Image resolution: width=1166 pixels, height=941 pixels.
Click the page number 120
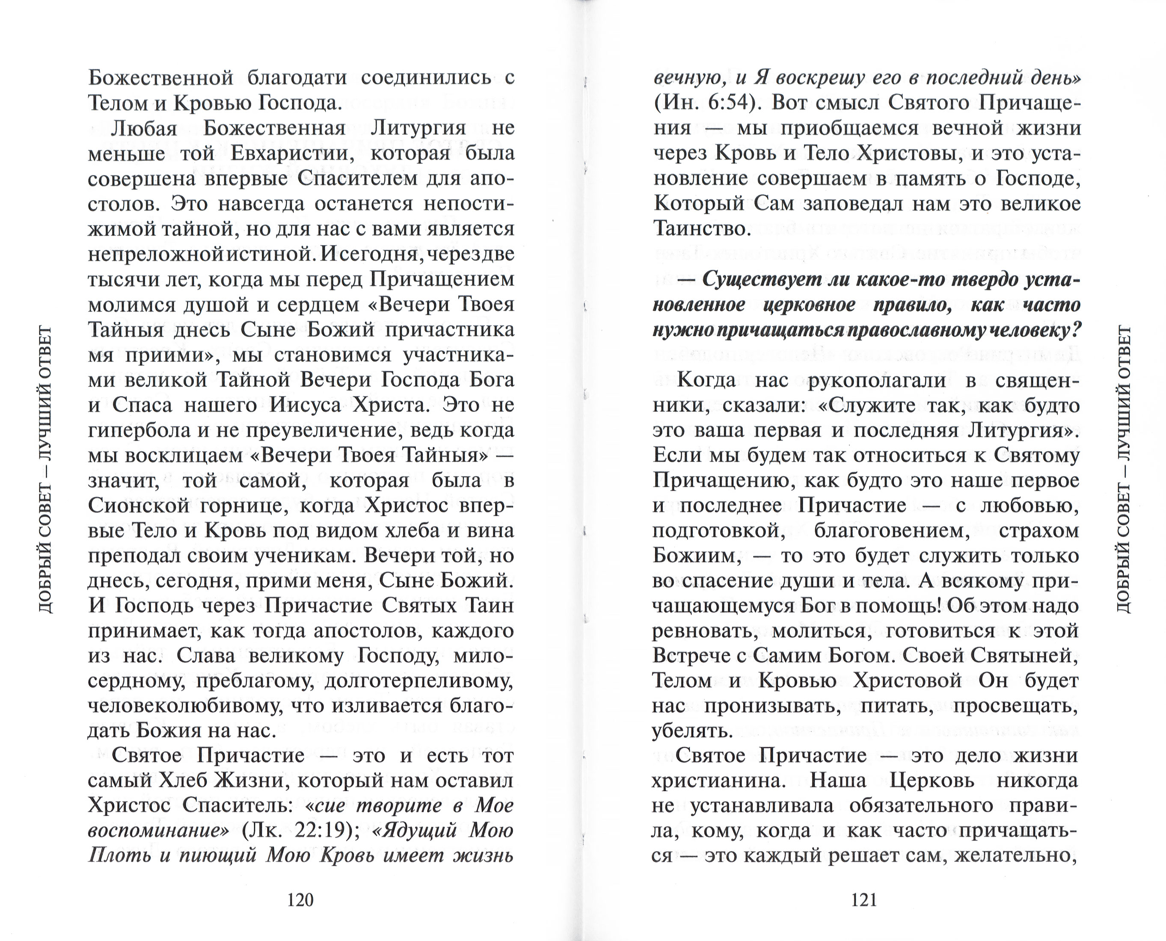tap(300, 900)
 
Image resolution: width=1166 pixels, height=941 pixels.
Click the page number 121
tap(864, 900)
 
